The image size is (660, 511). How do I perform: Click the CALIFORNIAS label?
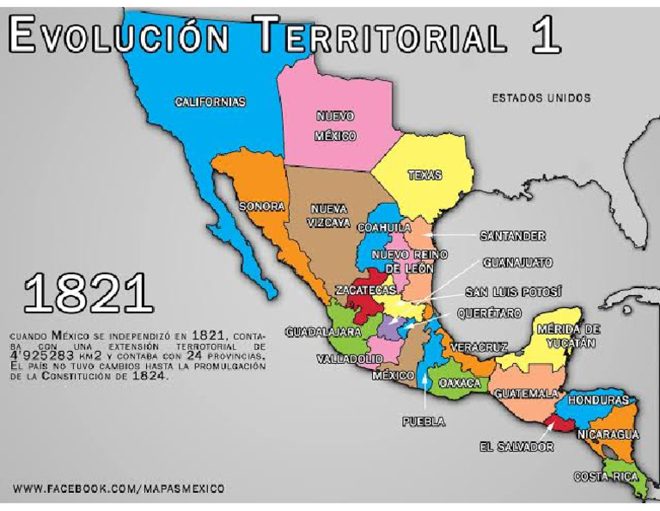(x=211, y=102)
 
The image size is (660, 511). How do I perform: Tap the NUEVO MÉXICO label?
(x=335, y=126)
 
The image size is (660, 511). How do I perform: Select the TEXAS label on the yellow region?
(x=425, y=175)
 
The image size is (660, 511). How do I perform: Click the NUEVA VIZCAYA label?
(x=329, y=216)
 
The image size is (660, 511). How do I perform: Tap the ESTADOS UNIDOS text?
(x=541, y=98)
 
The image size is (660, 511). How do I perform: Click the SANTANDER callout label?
(x=513, y=235)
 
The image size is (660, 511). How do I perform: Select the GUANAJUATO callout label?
(x=516, y=262)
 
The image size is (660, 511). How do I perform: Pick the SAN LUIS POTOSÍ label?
(x=513, y=292)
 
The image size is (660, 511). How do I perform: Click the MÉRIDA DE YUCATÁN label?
(x=566, y=336)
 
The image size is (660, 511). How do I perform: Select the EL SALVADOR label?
(x=516, y=446)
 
